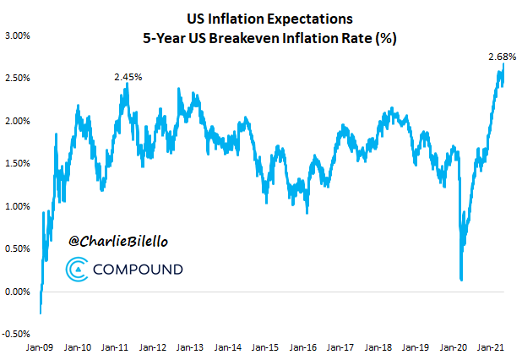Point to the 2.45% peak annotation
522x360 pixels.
point(128,77)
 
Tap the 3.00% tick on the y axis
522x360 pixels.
point(17,35)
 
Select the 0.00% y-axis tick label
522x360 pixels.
point(17,292)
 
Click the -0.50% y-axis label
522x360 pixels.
point(16,335)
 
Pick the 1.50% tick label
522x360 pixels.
point(17,164)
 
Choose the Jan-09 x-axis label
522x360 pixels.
point(41,346)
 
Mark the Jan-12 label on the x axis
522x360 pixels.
point(152,346)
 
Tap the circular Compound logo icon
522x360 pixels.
point(76,270)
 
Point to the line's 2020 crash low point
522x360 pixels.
point(461,279)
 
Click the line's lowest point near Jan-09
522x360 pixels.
point(41,314)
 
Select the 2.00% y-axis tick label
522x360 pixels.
point(17,121)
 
